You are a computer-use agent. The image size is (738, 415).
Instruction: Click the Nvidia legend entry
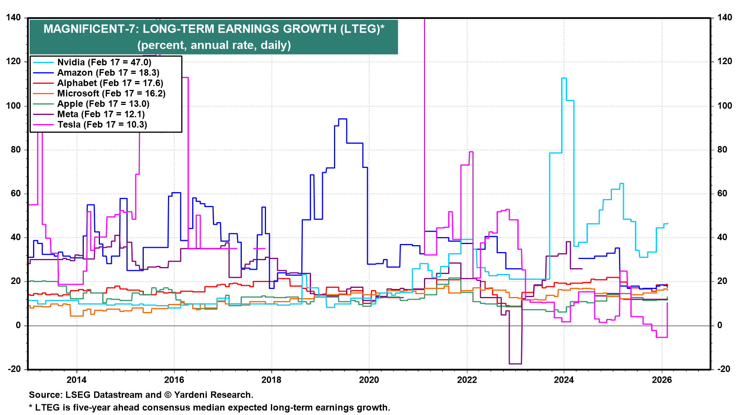tap(104, 62)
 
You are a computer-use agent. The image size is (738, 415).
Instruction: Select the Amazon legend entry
tap(108, 73)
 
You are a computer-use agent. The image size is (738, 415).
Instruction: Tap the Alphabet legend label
tap(110, 83)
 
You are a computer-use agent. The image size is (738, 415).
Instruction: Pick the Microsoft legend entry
tap(111, 93)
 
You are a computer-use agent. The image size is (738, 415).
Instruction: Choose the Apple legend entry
tap(103, 104)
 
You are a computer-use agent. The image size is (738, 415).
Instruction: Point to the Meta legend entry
tap(101, 114)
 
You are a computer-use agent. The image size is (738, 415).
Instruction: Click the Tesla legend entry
tap(102, 124)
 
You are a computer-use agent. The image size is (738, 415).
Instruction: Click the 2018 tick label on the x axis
tap(271, 380)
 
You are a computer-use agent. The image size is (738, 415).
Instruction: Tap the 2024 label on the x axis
tap(564, 380)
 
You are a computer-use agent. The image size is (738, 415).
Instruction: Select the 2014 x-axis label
tap(76, 380)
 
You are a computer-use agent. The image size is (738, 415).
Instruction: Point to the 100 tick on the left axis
tap(14, 106)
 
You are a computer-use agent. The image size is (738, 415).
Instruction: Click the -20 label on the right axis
tap(724, 369)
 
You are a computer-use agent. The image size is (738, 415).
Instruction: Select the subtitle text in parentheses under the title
tap(214, 45)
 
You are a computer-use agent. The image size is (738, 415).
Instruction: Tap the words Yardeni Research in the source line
tap(213, 395)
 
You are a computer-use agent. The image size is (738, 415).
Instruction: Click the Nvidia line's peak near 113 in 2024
tap(564, 78)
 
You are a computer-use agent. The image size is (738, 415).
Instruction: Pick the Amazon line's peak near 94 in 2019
tap(342, 119)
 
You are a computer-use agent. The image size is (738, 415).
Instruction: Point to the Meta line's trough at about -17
tap(515, 364)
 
